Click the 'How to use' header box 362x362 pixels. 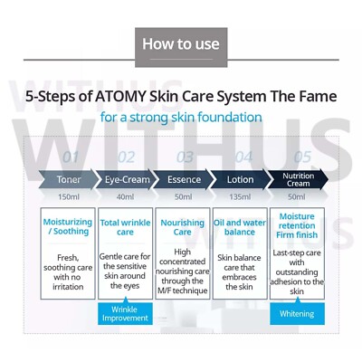coord(181,43)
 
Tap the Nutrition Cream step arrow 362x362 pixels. coord(297,178)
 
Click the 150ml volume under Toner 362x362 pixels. coord(68,196)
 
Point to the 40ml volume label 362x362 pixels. coord(125,196)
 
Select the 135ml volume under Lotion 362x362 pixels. coord(240,196)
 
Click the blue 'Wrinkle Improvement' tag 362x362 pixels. coord(125,313)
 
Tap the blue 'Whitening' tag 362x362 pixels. coord(297,313)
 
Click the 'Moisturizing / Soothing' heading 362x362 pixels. coord(68,226)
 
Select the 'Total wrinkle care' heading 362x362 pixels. coord(125,227)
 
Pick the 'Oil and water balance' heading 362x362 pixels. coord(240,226)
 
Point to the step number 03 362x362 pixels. coord(186,157)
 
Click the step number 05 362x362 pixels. coord(301,157)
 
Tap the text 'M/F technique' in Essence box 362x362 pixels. coord(183,290)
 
